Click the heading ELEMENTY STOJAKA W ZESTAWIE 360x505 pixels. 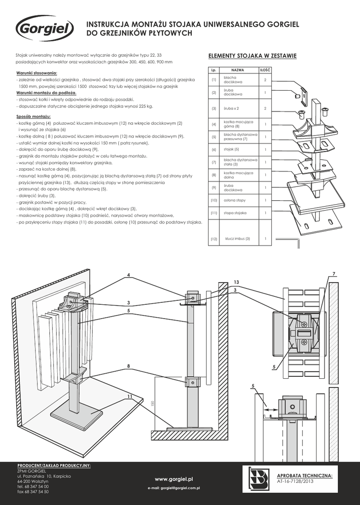tap(252, 56)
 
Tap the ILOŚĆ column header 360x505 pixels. tap(265, 71)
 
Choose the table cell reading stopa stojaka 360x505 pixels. tap(235, 213)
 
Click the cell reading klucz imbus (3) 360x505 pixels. tap(237, 239)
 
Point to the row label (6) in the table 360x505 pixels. tap(214, 149)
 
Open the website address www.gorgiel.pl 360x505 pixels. tap(173, 479)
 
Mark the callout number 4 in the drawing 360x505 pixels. tap(128, 274)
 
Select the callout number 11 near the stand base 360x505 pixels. tap(129, 396)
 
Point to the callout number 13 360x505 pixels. tap(236, 282)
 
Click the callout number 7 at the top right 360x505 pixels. tap(334, 274)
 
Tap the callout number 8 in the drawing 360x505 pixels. tap(128, 366)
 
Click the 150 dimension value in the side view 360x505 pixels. tap(153, 403)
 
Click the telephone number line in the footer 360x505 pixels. tap(33, 486)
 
